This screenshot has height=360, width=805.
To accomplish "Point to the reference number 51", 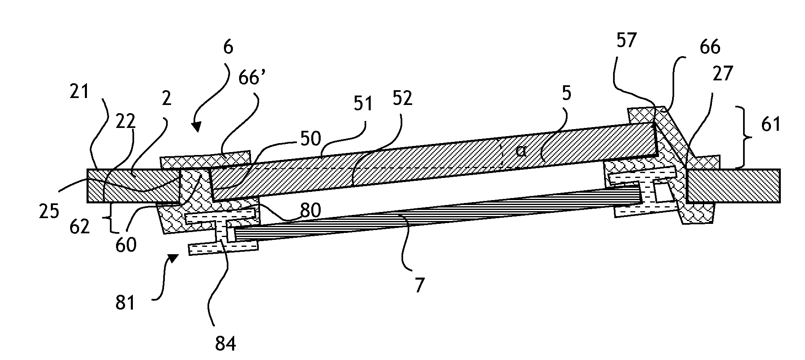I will coord(363,103).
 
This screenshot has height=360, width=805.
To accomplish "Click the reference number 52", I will coord(402,98).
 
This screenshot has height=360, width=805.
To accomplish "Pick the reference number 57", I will coord(626,41).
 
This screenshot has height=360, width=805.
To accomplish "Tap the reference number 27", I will coord(723,75).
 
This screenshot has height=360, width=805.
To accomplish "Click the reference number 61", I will coord(771,123).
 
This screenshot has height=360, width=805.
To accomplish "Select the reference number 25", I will coord(49,212).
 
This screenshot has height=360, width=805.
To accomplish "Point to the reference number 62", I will coord(80,226).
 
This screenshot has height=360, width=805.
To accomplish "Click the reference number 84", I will coord(226,344).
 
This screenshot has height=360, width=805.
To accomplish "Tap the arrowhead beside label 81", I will coord(173,258).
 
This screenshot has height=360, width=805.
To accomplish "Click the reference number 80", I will coord(310,211).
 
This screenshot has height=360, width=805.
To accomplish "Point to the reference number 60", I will coord(126,246).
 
